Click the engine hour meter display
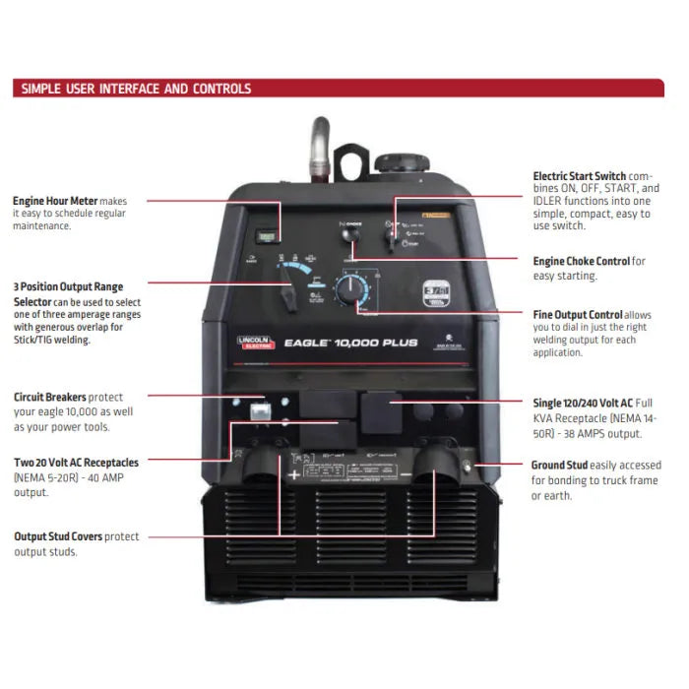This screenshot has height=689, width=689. (264, 236)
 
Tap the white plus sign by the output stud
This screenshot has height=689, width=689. (293, 474)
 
